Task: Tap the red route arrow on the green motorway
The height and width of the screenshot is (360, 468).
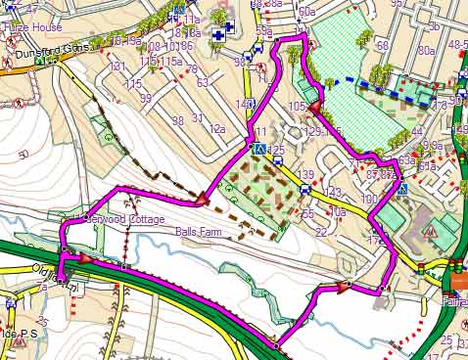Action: coord(84,260)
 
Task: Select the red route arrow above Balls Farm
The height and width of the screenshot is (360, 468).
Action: coord(202,200)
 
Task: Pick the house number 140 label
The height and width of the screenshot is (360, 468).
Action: coord(245,105)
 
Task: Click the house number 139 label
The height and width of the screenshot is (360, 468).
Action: coord(305,174)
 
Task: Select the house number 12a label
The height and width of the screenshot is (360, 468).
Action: coord(217,129)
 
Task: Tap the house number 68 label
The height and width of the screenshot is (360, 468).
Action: coord(382,46)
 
